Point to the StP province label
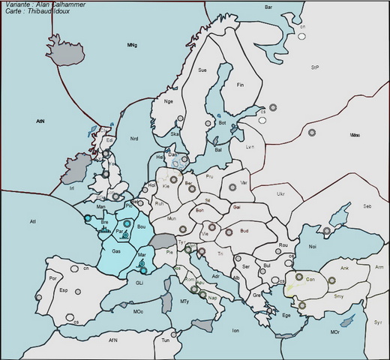[315, 67]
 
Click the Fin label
[241, 85]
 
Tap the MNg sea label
[132, 46]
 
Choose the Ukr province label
[280, 193]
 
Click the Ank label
[345, 268]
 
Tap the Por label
[52, 278]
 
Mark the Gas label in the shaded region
[116, 250]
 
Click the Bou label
[140, 225]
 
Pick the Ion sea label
[235, 330]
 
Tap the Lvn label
[250, 147]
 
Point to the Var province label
[243, 182]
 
